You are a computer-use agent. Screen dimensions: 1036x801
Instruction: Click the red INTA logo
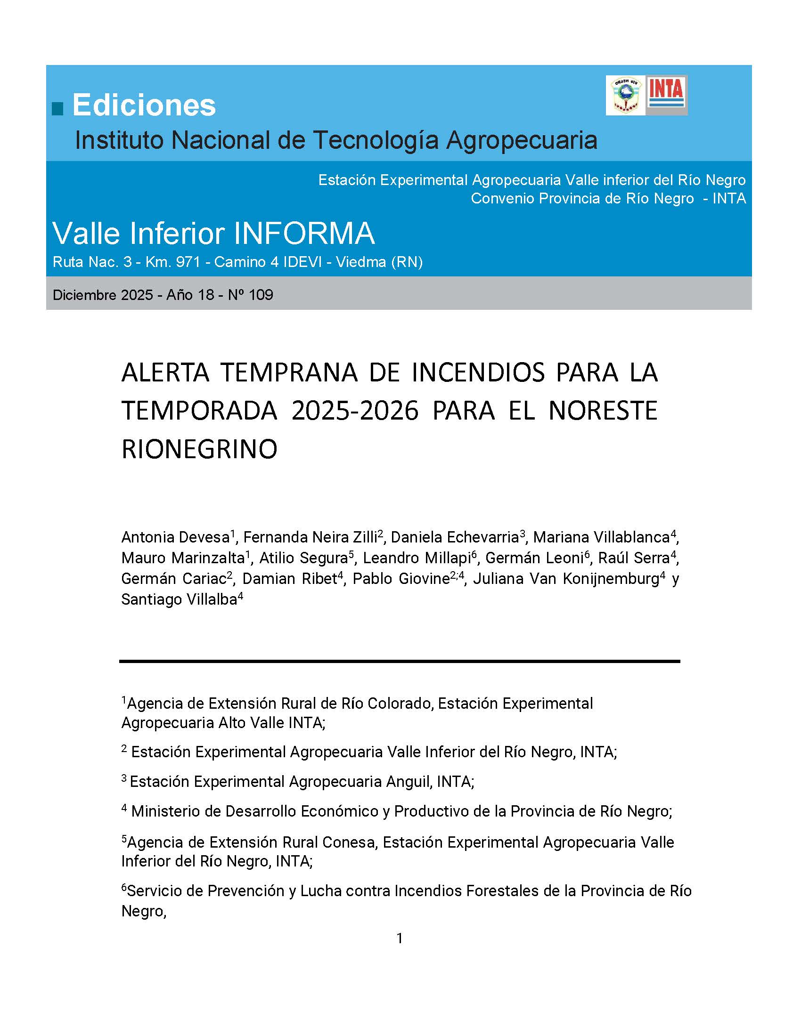tap(666, 94)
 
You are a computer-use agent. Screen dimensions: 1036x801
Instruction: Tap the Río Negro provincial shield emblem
tap(625, 95)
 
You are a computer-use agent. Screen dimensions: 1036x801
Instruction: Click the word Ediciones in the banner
tap(144, 105)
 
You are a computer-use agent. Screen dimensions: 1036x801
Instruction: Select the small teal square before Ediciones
tap(57, 109)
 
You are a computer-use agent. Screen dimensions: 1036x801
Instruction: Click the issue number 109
tap(261, 295)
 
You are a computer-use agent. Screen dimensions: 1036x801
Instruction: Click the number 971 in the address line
tap(188, 262)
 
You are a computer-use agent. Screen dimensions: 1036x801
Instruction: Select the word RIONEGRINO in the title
tap(199, 449)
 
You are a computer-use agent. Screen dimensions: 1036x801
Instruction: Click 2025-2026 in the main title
tap(355, 410)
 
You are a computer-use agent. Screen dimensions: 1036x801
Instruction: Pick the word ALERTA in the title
tap(165, 372)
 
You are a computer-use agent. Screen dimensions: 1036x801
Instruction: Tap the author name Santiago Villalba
tap(180, 599)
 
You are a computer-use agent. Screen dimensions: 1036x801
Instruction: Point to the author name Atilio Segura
tap(303, 558)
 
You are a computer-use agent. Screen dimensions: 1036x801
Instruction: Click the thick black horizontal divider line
tap(400, 661)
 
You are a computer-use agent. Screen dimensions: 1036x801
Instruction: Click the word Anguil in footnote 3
tap(409, 782)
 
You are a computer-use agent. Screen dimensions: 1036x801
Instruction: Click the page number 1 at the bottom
tap(400, 938)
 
